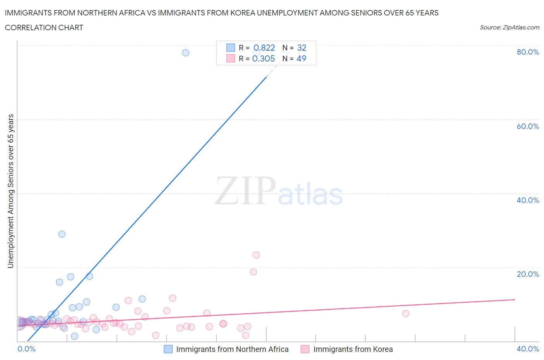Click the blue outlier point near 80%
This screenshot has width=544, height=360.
coord(186,53)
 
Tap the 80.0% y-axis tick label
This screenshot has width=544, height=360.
coord(528,52)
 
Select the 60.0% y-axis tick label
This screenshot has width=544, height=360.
coord(528,126)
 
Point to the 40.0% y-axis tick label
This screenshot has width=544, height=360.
coord(528,200)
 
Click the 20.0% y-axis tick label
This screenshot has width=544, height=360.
coord(528,274)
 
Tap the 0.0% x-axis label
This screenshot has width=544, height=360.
coord(26,349)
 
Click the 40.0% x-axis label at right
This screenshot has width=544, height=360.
coord(528,349)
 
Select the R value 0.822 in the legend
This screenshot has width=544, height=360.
coord(264,48)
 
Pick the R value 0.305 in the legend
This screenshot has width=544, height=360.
coord(263,58)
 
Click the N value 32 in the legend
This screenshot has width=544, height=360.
coord(302,48)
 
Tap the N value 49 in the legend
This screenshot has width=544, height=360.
coord(301,58)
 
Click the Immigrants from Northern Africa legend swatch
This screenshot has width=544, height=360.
coord(168,349)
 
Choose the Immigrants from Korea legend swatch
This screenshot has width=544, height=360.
coord(305,349)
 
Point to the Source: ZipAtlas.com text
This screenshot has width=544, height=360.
coord(509,27)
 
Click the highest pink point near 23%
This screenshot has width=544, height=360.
coord(256,255)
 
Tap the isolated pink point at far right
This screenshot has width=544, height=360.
coord(405,314)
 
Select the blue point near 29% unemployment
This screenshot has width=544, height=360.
coord(62,234)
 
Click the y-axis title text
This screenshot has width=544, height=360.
coord(11,191)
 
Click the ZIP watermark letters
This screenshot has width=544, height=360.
coord(245,190)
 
